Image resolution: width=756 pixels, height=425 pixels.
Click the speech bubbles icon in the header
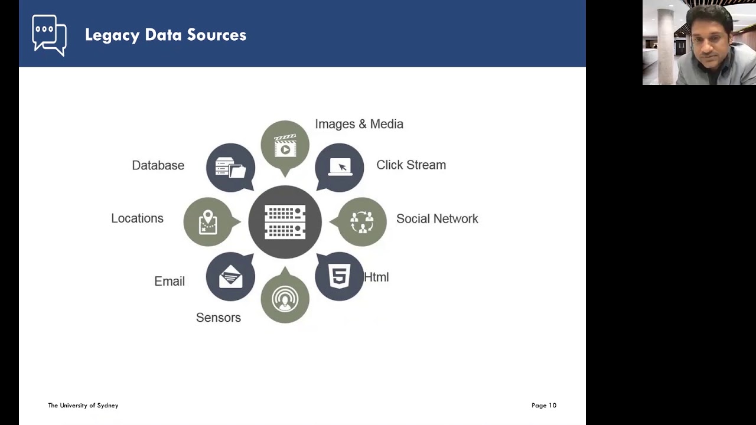[49, 35]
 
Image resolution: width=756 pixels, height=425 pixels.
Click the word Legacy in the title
[112, 35]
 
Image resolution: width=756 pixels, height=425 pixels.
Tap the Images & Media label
[359, 124]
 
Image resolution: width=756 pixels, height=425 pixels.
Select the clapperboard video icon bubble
[285, 148]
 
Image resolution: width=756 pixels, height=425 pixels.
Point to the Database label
[158, 165]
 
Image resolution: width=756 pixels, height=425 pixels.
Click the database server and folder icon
[231, 167]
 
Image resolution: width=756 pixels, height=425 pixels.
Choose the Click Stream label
[411, 165]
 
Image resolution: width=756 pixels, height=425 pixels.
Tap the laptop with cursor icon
[340, 167]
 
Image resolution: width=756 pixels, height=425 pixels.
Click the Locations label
[138, 218]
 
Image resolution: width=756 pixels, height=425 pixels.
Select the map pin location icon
[208, 223]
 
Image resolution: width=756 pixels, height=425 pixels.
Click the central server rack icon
[285, 222]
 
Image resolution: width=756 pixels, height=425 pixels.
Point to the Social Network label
[437, 218]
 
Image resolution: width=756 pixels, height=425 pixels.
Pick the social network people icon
[362, 223]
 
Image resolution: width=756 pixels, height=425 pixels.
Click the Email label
[170, 282]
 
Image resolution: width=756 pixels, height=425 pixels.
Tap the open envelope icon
[230, 277]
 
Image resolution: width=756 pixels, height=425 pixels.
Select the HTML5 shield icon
[339, 276]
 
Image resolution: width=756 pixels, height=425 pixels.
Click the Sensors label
[219, 318]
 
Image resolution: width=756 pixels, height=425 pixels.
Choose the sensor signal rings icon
[285, 299]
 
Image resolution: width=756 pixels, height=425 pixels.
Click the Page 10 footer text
[544, 406]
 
